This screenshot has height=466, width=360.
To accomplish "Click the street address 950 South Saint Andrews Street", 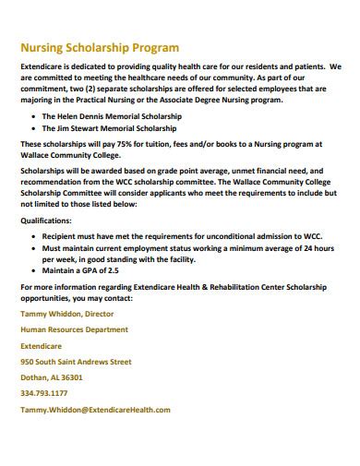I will coord(82,362).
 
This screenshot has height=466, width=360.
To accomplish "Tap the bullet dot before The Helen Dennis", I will coord(34,117).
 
